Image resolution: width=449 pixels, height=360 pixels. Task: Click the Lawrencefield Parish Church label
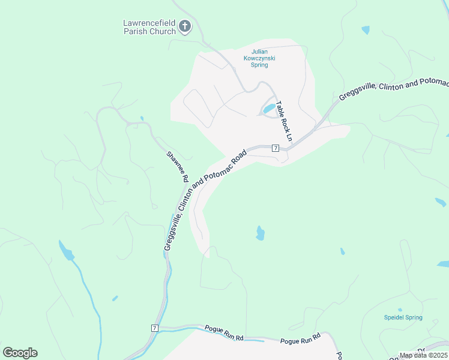coord(149,27)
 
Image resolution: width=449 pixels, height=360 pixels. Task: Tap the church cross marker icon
coord(185,26)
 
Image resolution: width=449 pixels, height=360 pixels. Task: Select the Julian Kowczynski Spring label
coord(259,58)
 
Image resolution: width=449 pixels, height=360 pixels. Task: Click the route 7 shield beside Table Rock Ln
coord(276,148)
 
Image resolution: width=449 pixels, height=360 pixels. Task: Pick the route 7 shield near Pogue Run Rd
coord(154,328)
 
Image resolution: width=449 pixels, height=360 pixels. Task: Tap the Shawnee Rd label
coord(178,166)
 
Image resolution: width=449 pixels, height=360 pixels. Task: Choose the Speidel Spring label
coord(403,317)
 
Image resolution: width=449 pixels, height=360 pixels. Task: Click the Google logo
coord(20,352)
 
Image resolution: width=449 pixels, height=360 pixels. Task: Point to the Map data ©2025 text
coord(423,355)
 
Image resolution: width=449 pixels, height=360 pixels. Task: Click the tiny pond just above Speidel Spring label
coord(400,310)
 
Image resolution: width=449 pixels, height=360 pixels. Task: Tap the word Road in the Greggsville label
coord(237,158)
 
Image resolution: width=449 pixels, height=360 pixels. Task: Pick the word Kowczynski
coord(259,58)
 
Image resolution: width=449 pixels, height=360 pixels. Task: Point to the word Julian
coord(260,52)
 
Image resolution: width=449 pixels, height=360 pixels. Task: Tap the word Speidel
coord(396,317)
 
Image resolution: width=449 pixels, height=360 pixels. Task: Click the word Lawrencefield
coord(149,23)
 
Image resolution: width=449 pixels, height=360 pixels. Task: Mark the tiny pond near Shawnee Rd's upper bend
coord(141,118)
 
